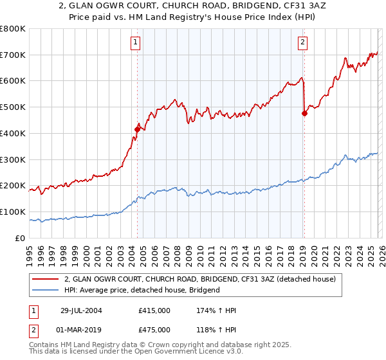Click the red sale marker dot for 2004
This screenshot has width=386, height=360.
137,129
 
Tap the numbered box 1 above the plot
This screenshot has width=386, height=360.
136,43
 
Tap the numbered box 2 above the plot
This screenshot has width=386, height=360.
302,43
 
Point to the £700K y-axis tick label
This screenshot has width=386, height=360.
13,55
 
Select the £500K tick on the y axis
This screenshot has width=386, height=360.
13,107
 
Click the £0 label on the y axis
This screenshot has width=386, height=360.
19,238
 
